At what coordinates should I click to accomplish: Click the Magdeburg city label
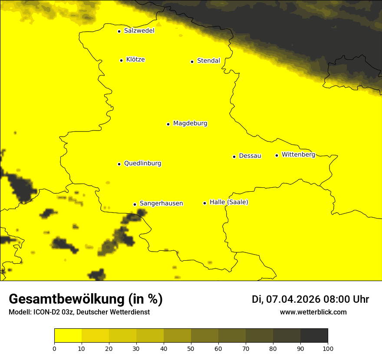click(x=190, y=124)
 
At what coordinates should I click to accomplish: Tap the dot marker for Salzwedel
click(x=119, y=31)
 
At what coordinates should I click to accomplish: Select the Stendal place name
click(x=208, y=61)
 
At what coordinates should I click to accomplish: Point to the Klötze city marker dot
click(x=121, y=60)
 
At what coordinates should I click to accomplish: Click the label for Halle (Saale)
click(x=229, y=202)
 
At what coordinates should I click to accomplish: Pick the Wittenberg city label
click(x=298, y=154)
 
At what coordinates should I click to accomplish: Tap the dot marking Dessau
click(x=234, y=157)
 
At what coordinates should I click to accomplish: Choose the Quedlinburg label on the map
click(x=142, y=164)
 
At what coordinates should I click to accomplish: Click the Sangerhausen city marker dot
click(x=135, y=204)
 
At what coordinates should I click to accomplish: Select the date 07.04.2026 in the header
click(x=293, y=299)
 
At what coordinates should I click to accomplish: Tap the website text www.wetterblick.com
click(x=313, y=312)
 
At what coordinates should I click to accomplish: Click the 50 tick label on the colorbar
click(x=191, y=348)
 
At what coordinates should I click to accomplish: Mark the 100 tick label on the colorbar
click(x=328, y=348)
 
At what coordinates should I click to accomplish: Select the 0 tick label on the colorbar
click(x=54, y=348)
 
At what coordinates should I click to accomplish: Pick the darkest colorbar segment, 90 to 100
click(x=314, y=335)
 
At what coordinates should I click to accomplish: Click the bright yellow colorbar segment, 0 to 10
click(x=68, y=335)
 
